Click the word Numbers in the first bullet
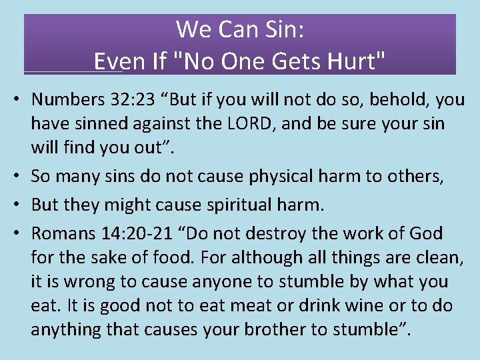click(63, 100)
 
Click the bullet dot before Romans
click(21, 234)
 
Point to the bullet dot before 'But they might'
click(21, 205)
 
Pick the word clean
click(437, 257)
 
